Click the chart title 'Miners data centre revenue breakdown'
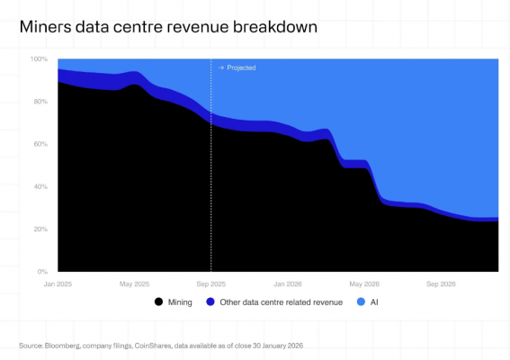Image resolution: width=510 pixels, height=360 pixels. [167, 28]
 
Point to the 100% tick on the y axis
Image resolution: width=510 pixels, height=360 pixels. [40, 59]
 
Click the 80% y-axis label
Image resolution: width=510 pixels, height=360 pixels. [41, 102]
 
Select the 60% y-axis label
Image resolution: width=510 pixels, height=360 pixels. [41, 144]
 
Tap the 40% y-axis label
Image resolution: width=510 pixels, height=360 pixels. [41, 186]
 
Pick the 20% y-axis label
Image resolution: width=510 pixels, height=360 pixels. [41, 229]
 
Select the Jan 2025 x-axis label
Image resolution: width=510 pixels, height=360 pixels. [58, 283]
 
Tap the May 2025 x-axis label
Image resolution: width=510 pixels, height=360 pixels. [135, 283]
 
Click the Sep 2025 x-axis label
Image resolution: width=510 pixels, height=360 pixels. [211, 283]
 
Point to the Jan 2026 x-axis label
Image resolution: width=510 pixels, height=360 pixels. [287, 283]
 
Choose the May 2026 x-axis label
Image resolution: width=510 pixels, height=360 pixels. [364, 283]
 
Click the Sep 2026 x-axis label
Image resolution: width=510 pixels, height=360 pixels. [441, 283]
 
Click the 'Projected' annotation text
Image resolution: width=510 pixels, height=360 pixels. [240, 67]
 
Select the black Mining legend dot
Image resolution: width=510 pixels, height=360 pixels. [159, 302]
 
